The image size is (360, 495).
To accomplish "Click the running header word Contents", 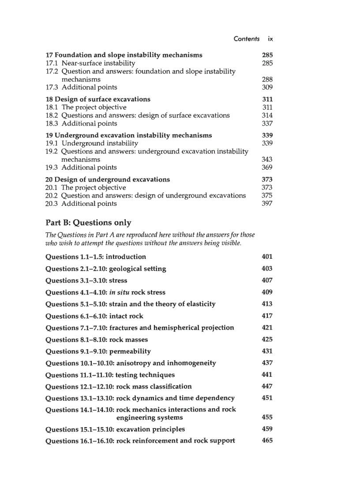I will click(247, 39).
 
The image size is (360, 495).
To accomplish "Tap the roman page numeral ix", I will click(270, 39).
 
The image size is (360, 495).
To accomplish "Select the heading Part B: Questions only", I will click(88, 223).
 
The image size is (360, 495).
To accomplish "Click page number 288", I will click(267, 79).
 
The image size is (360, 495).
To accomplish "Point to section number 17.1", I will click(52, 63).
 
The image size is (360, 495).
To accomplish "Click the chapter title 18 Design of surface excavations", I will click(98, 99).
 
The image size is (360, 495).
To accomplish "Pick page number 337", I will click(267, 123).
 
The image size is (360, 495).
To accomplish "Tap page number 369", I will click(267, 167).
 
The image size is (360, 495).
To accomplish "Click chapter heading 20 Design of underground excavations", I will click(108, 179).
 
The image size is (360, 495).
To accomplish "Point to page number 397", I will click(267, 204).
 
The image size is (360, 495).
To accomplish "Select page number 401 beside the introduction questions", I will click(267, 257).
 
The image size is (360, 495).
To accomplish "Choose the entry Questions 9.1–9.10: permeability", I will click(98, 351).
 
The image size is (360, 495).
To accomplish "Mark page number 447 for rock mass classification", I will click(267, 387).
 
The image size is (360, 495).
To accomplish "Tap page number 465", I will click(267, 441).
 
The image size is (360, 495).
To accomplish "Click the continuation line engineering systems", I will click(149, 417).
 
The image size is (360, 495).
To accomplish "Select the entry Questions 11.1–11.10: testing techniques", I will click(110, 375).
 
